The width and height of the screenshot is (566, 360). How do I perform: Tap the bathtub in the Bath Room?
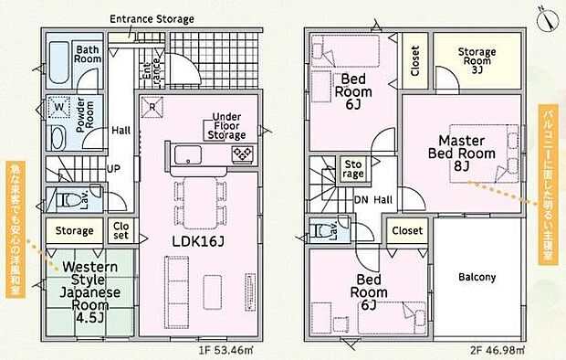click(x=58, y=64)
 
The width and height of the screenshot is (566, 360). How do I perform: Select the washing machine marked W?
click(x=58, y=107)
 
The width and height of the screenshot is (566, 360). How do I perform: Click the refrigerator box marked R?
click(x=152, y=107)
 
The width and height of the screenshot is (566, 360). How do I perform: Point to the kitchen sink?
click(x=188, y=154)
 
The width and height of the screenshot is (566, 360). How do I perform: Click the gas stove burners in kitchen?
click(x=242, y=154)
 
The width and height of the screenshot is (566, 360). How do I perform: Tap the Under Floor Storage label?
click(x=226, y=126)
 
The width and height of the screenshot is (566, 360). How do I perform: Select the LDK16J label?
click(x=198, y=241)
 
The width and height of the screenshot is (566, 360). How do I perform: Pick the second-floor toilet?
click(x=321, y=230)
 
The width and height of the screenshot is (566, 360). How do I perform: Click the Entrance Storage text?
click(x=152, y=19)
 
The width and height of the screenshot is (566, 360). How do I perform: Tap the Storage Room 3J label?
click(x=477, y=60)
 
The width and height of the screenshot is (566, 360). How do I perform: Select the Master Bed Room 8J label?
click(x=462, y=153)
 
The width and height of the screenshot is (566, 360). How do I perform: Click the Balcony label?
click(x=477, y=277)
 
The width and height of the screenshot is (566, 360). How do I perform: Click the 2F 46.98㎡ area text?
click(x=498, y=350)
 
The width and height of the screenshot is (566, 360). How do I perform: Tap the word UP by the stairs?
click(x=113, y=168)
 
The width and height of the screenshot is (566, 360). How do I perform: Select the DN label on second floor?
click(x=362, y=199)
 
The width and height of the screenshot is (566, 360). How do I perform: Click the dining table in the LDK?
click(x=200, y=203)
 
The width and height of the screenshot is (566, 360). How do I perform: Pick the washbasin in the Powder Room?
click(x=58, y=138)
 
